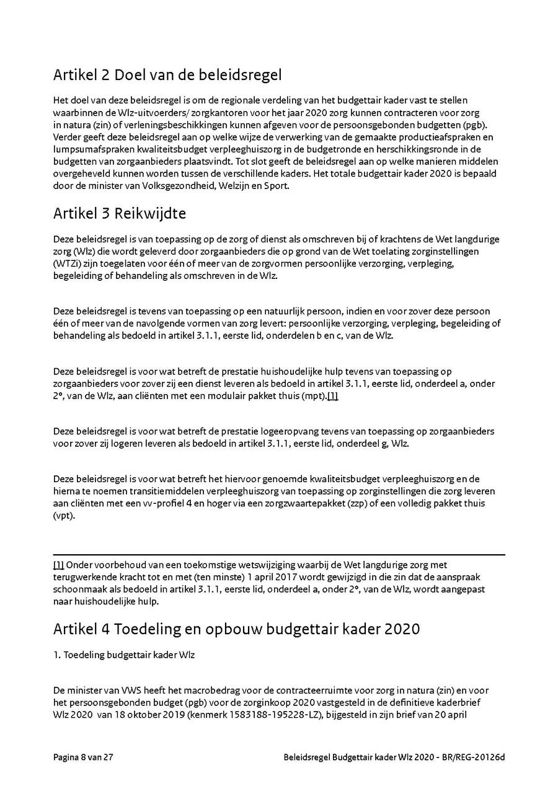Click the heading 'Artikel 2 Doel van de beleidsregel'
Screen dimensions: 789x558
(167, 76)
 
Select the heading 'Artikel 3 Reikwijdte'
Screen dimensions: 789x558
(120, 213)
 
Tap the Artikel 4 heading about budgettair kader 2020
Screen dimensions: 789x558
(236, 628)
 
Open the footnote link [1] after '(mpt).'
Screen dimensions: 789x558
(332, 396)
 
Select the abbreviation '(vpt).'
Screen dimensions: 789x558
(64, 516)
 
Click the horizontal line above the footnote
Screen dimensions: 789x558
(279, 554)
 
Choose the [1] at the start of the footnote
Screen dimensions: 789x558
(58, 565)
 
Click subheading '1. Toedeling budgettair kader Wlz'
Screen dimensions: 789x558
(124, 655)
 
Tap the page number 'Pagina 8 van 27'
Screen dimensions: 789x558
(83, 757)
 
